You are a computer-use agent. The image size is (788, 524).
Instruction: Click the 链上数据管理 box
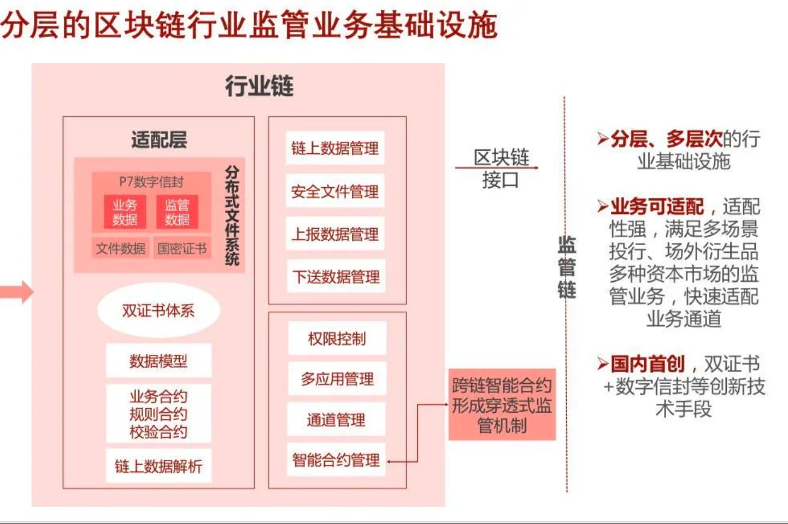(x=335, y=148)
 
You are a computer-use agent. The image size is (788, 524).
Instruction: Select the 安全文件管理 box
(x=335, y=191)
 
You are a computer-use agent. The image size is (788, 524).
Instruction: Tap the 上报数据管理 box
(x=335, y=234)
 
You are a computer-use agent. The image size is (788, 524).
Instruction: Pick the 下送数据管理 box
(x=336, y=276)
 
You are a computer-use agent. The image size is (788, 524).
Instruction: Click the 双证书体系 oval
(x=158, y=311)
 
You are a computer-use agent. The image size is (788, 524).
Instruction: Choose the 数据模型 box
(x=158, y=361)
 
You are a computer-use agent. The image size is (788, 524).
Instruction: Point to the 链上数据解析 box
(x=158, y=466)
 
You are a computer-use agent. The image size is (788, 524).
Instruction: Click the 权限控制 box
(x=337, y=338)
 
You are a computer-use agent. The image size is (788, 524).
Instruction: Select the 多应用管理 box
(x=337, y=378)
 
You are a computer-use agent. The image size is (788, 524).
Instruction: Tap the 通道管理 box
(x=336, y=419)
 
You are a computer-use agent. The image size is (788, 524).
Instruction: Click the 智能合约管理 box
(x=336, y=460)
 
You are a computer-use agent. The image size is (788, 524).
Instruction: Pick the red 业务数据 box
(x=125, y=212)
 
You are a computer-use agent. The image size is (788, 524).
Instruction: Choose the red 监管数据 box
(x=177, y=212)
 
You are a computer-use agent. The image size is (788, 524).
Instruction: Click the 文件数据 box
(x=121, y=248)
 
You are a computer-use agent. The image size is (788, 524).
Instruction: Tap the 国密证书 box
(x=182, y=248)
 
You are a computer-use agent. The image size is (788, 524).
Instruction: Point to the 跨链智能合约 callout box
(x=502, y=404)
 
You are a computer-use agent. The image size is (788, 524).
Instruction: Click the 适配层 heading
(x=159, y=140)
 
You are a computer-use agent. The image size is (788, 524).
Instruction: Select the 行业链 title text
(x=259, y=86)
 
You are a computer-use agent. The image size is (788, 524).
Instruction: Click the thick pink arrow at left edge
(x=16, y=291)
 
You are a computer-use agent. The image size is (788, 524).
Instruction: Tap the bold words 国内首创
(x=648, y=364)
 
